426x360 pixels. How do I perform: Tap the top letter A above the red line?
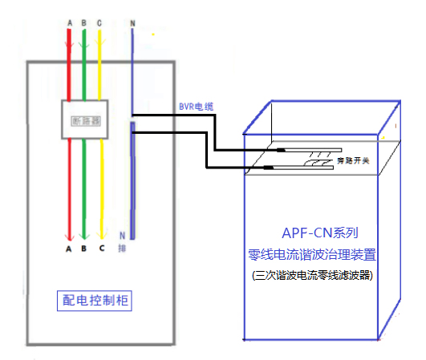70,23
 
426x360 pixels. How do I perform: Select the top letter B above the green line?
84,23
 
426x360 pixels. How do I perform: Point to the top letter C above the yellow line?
99,23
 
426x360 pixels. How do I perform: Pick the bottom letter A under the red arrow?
70,249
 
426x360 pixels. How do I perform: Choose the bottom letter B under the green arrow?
85,249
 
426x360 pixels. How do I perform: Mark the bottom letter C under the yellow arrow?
101,249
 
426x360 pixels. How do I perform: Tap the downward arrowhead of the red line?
70,235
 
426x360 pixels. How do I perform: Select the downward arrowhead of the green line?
85,235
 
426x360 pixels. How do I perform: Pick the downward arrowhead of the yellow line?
101,235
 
